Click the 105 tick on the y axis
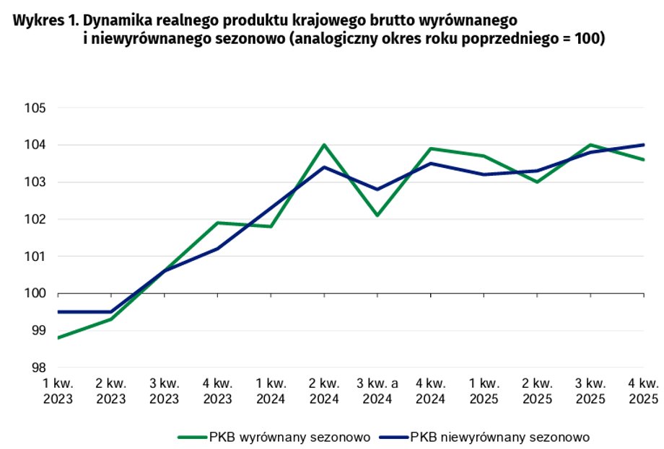[x=35, y=108]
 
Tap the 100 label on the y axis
[x=35, y=293]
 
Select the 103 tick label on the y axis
[x=35, y=182]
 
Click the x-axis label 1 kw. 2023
[x=57, y=391]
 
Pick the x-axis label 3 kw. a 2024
[x=377, y=391]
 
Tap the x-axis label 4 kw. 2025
[x=644, y=391]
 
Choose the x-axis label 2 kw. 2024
[x=324, y=391]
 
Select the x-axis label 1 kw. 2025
[x=484, y=391]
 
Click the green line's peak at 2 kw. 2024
[x=324, y=145]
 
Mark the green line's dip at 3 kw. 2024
[x=377, y=215]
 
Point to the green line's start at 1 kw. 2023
[x=58, y=337]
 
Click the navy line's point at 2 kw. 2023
[x=110, y=312]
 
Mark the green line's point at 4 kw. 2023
[x=217, y=223]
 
